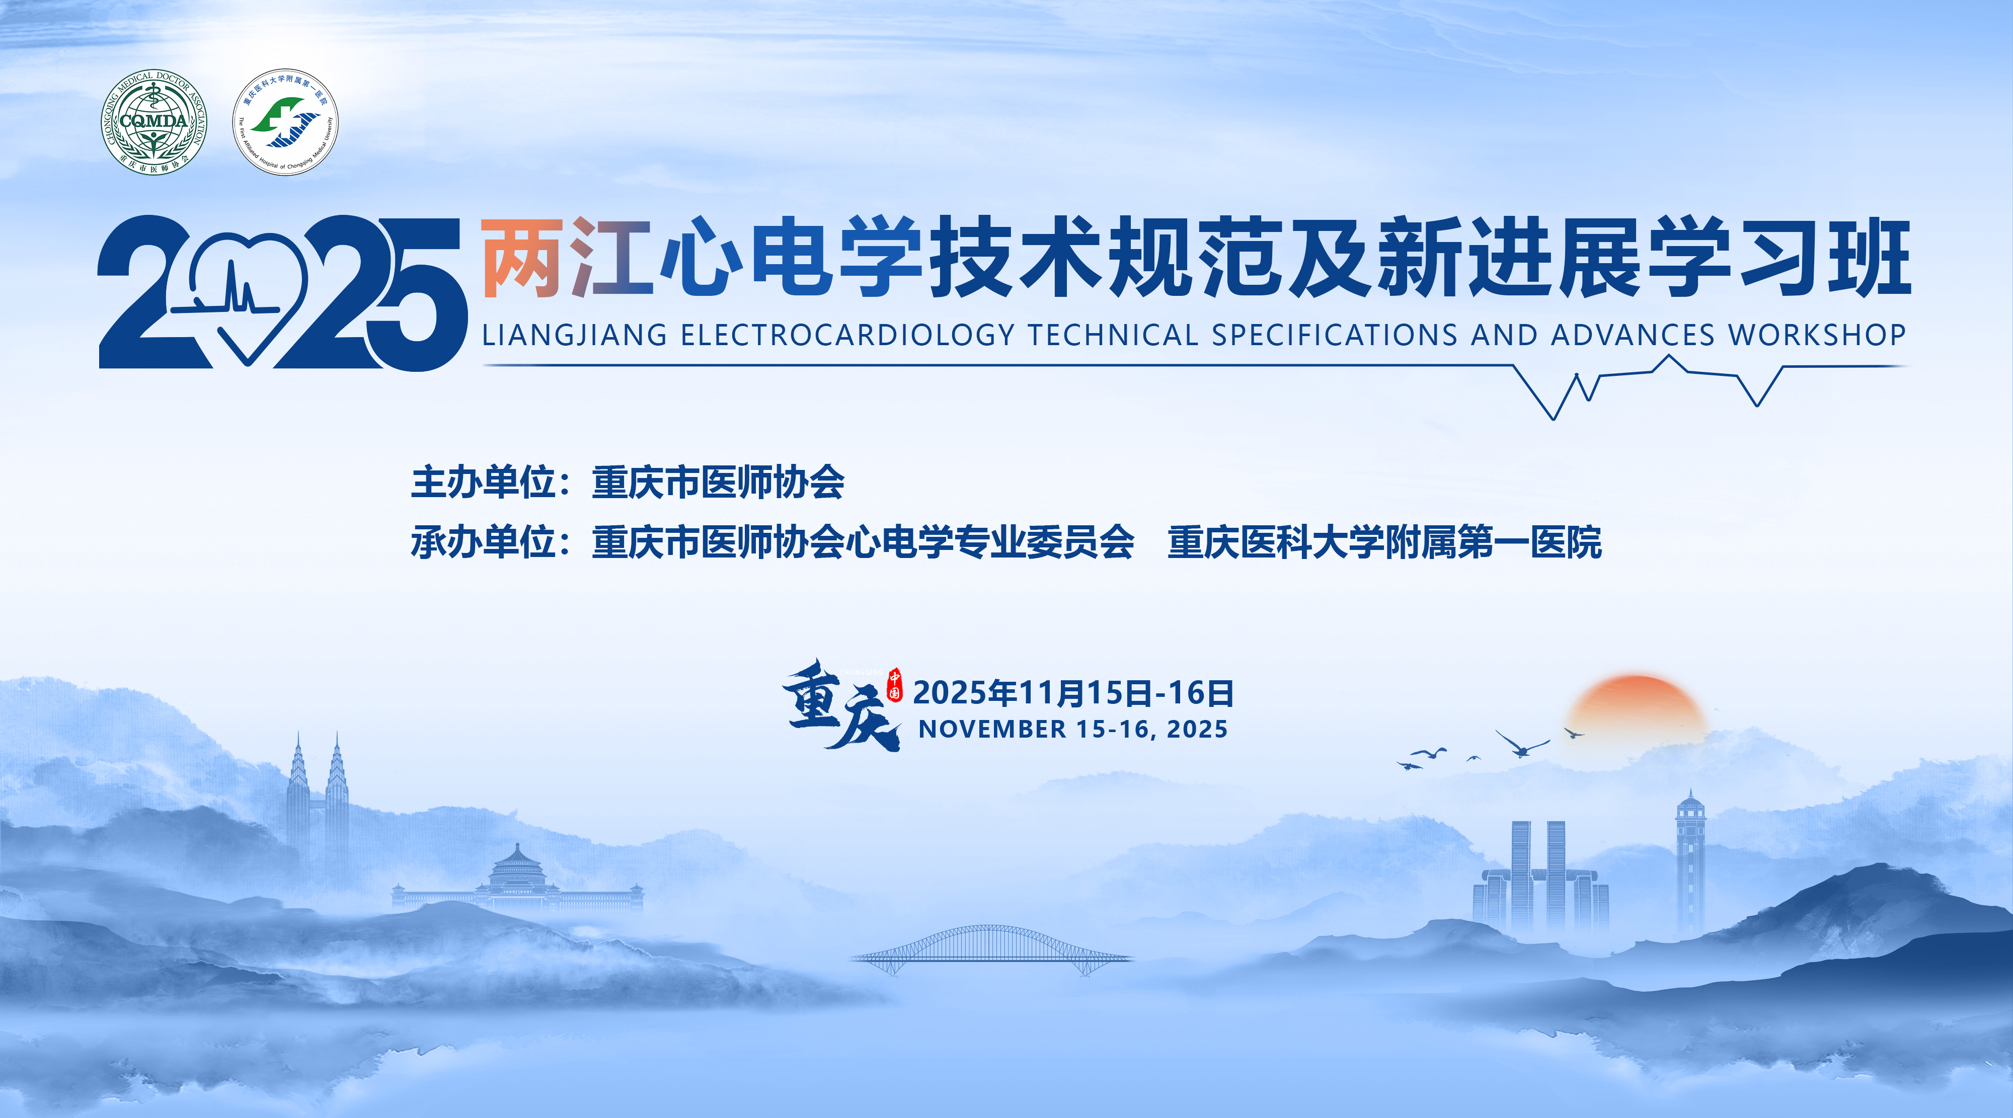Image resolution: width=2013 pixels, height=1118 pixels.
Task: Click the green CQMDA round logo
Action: pos(154,122)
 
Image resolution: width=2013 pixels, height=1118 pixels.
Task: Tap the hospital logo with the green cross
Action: pos(285,122)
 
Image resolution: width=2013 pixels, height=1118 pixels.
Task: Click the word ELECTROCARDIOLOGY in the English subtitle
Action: pos(847,335)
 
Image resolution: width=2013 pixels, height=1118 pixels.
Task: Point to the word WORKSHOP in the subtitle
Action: pos(1817,335)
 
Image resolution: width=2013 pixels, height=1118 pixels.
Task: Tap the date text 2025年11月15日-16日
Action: pos(1073,693)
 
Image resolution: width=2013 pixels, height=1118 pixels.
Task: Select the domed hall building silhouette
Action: pos(517,879)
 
